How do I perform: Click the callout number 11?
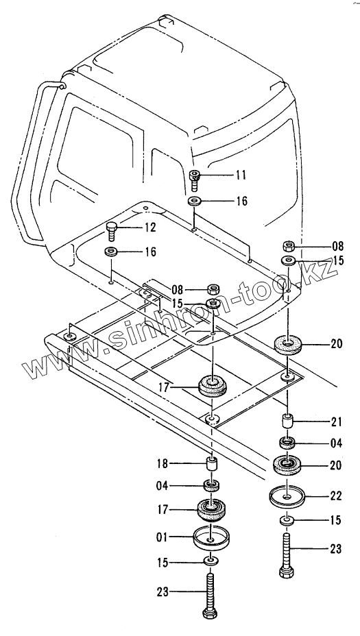click(x=241, y=175)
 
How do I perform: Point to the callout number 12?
click(x=149, y=227)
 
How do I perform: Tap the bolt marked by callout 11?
click(x=195, y=180)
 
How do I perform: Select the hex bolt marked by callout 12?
click(x=112, y=231)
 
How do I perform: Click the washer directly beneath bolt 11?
click(x=195, y=200)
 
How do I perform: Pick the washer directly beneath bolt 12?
click(x=111, y=251)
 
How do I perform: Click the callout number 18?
click(x=163, y=463)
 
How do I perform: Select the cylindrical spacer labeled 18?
click(x=211, y=464)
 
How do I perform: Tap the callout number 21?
click(x=336, y=422)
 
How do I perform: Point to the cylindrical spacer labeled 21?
click(x=287, y=421)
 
